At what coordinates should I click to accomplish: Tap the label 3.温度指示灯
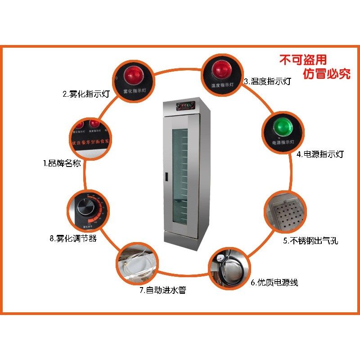(267, 82)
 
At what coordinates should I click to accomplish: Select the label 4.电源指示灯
(320, 154)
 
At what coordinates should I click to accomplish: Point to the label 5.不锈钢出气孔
(310, 241)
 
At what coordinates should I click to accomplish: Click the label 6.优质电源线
(274, 283)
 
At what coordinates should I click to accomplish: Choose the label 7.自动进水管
(162, 290)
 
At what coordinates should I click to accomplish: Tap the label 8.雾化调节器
(73, 238)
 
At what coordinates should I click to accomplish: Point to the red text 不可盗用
(303, 60)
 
